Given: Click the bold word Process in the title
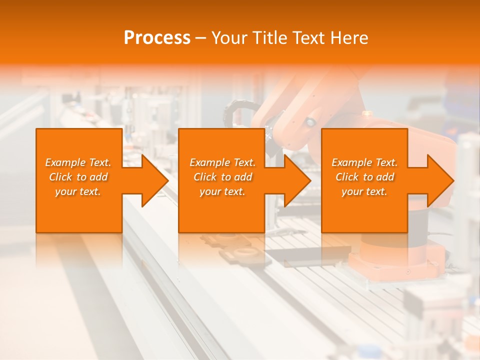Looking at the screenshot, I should click(157, 38).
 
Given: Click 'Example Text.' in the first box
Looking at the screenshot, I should click(78, 162).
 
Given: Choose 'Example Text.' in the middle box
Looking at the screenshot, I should click(222, 162).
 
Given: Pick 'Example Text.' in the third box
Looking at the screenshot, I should click(364, 162).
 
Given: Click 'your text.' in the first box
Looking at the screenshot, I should click(78, 191).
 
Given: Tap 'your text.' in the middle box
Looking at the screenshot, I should click(222, 191).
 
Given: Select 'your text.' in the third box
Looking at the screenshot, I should click(364, 191).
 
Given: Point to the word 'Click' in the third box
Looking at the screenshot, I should click(347, 177).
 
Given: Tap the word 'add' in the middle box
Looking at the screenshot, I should click(243, 177).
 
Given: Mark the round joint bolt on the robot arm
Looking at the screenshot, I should click(311, 121).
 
